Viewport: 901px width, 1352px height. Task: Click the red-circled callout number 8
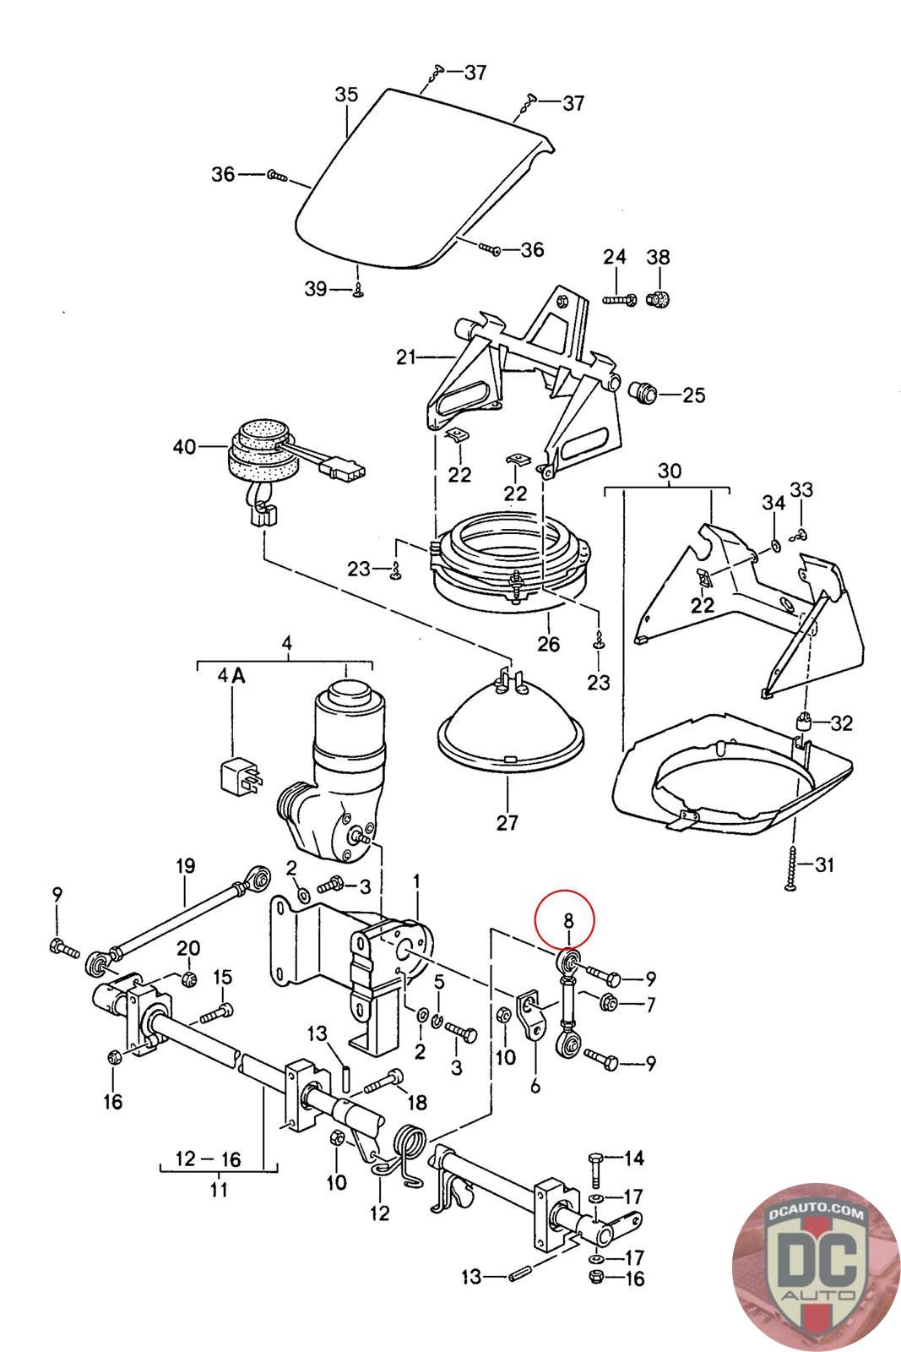[x=567, y=921]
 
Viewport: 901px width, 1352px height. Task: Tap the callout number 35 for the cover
[x=346, y=95]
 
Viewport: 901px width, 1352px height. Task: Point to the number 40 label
[x=184, y=447]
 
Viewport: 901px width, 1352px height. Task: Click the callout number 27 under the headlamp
[x=507, y=823]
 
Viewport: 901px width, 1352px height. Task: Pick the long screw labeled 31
[x=792, y=866]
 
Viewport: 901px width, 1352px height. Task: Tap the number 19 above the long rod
[x=186, y=867]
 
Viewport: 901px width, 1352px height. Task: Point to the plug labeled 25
[x=643, y=394]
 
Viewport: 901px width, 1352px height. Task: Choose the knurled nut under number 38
[x=659, y=298]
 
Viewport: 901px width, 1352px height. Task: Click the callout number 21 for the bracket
[x=406, y=357]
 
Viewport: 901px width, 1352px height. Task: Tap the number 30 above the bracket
[x=669, y=471]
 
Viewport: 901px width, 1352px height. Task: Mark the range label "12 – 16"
[x=209, y=1158]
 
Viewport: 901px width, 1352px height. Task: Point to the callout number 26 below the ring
[x=548, y=644]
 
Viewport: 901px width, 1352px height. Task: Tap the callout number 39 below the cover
[x=316, y=289]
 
